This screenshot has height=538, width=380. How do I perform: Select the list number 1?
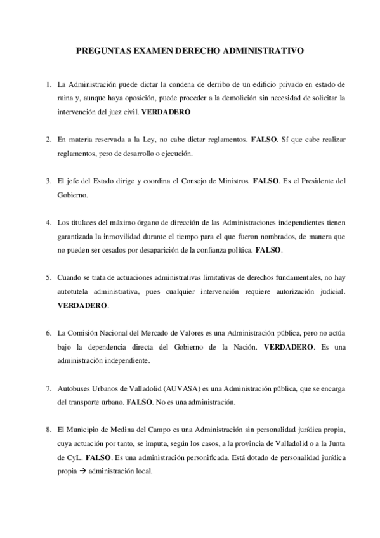click(x=48, y=84)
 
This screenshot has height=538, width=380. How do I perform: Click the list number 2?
click(x=48, y=139)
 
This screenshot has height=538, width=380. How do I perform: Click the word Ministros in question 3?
click(x=232, y=181)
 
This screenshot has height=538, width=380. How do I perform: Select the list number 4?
click(x=48, y=222)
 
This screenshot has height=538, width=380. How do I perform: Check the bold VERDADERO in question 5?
click(x=82, y=306)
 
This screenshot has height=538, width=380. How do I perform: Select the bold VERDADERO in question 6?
click(x=288, y=347)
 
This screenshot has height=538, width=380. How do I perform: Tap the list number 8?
click(x=48, y=430)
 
